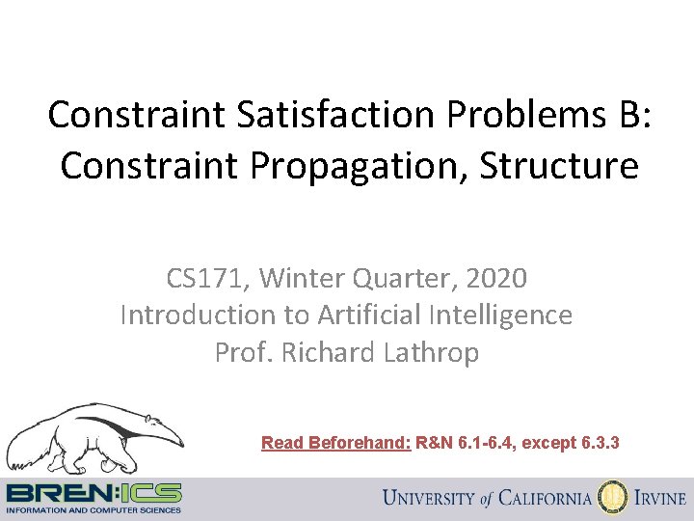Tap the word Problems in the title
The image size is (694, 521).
click(x=514, y=115)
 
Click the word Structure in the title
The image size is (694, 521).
click(x=558, y=165)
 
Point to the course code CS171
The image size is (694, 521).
click(x=202, y=280)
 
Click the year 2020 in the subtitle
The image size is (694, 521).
click(x=495, y=280)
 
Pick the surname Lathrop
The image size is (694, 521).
click(x=431, y=352)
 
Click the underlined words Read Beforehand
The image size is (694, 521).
click(x=336, y=443)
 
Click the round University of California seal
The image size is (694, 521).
click(x=612, y=498)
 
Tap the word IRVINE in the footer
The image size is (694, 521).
click(x=660, y=499)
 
